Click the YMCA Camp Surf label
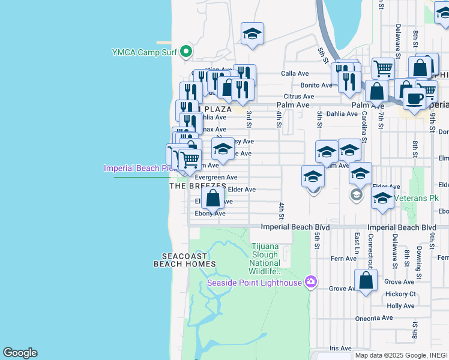tap(144, 52)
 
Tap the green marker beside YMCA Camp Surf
tap(186, 52)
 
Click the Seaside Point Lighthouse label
tap(254, 283)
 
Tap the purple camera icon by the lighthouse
tap(310, 281)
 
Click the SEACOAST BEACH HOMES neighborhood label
tap(181, 260)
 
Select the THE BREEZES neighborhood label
tap(197, 187)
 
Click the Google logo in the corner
tap(20, 353)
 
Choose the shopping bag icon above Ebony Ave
tap(212, 198)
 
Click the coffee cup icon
tap(414, 98)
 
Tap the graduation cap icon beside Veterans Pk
tap(382, 199)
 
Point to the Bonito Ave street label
tap(316, 85)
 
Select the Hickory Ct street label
tap(401, 294)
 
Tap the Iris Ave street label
tap(341, 348)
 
